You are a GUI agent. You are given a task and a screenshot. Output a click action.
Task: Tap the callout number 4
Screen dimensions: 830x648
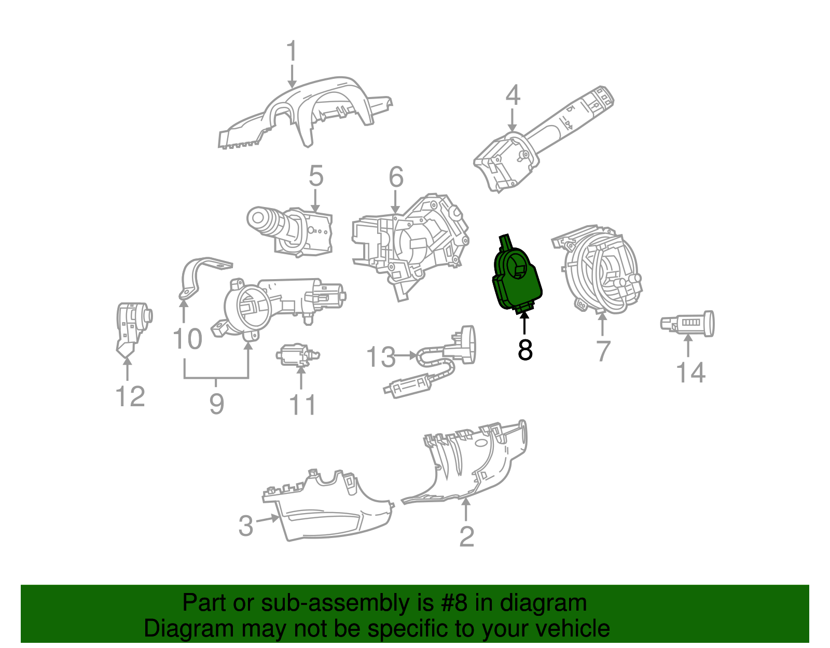(x=513, y=95)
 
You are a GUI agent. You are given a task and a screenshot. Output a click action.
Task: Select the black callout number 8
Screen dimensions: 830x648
(x=525, y=350)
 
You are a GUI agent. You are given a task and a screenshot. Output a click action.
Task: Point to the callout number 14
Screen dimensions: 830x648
(x=690, y=373)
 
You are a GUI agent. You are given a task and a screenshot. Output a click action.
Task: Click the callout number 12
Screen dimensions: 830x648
(x=130, y=397)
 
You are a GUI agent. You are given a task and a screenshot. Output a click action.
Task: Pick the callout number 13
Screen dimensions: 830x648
(x=381, y=357)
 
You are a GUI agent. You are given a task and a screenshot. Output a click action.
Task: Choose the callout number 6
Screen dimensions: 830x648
(x=396, y=177)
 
